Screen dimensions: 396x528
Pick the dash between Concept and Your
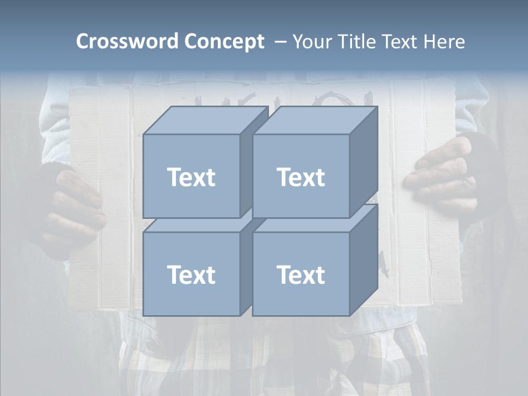[279, 42]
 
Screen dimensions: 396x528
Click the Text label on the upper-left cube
[191, 177]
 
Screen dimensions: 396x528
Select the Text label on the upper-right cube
[301, 177]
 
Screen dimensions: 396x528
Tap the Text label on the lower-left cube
[191, 274]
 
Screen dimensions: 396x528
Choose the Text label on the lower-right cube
[301, 274]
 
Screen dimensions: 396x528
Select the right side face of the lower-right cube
[364, 261]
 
